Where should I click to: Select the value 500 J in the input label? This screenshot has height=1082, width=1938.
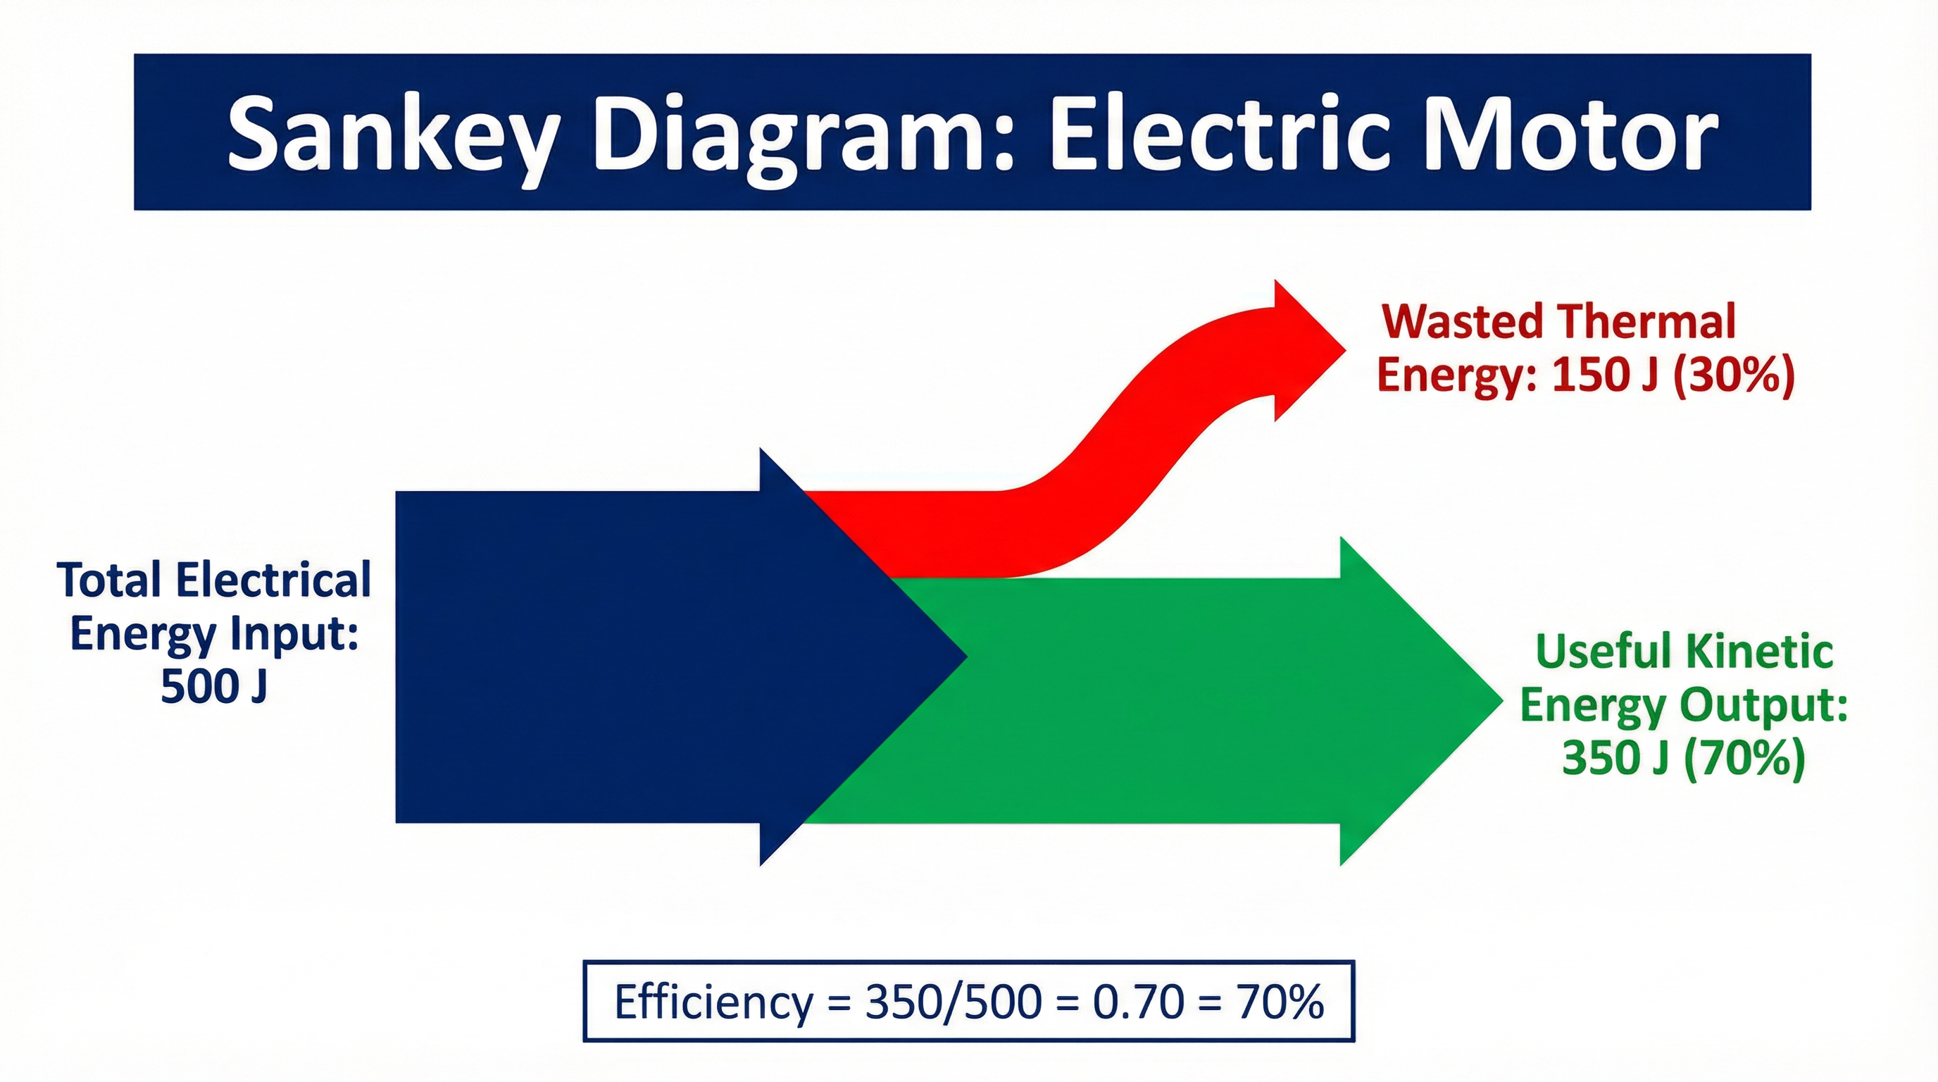pyautogui.click(x=213, y=685)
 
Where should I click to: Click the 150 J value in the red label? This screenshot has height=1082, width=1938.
pyautogui.click(x=1605, y=374)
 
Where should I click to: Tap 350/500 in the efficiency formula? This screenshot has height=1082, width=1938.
pyautogui.click(x=954, y=1002)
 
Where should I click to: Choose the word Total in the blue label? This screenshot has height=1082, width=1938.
pyautogui.click(x=110, y=580)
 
